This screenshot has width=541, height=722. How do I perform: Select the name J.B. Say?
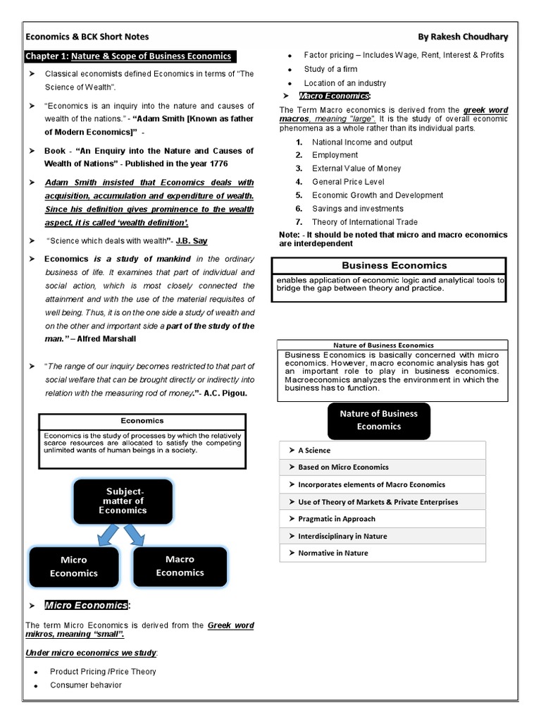192,240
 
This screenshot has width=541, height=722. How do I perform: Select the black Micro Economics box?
73,566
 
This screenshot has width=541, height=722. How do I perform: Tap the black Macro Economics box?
180,565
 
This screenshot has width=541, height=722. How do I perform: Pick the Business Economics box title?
394,265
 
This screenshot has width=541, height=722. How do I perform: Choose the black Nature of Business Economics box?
378,420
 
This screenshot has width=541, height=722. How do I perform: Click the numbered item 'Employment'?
335,155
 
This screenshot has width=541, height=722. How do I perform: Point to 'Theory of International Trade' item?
365,222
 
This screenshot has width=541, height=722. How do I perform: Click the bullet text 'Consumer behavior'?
86,685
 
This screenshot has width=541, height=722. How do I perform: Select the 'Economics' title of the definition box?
142,420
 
